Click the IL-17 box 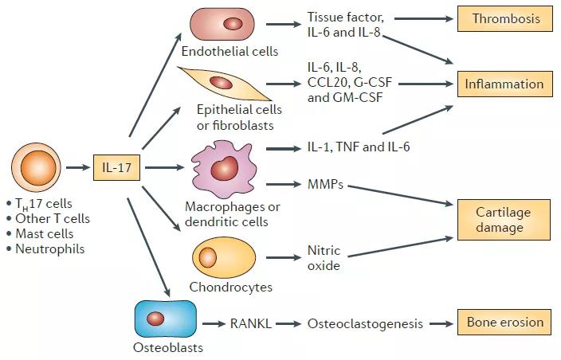click(x=116, y=167)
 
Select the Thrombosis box click(x=505, y=18)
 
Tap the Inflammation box click(x=505, y=84)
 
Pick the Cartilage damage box click(x=504, y=220)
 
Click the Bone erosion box click(x=504, y=322)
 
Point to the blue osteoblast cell click(x=165, y=319)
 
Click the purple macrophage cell click(x=225, y=169)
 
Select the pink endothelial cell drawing click(x=222, y=24)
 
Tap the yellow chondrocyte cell click(x=225, y=257)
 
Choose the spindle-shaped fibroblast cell click(x=225, y=84)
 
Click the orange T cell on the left click(x=36, y=167)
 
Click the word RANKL click(x=251, y=323)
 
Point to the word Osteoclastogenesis click(x=365, y=324)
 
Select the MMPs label click(x=325, y=184)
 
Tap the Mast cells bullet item click(x=40, y=233)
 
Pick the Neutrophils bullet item click(x=45, y=248)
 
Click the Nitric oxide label click(x=324, y=258)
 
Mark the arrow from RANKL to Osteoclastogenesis click(x=288, y=324)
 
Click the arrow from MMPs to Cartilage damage click(x=400, y=195)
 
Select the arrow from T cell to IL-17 click(x=78, y=167)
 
